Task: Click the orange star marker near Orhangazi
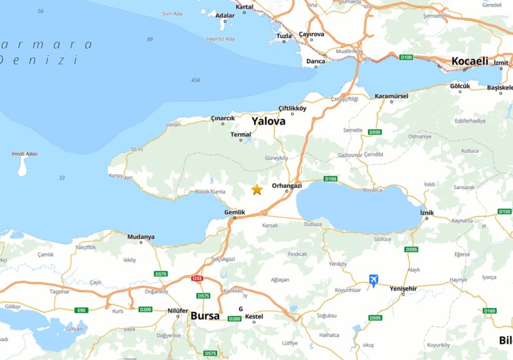(257, 189)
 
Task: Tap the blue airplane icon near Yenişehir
(373, 280)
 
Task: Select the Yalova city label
(268, 121)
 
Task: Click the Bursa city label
(205, 316)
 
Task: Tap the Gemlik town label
(235, 212)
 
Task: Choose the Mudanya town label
(141, 237)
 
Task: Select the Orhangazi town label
(287, 185)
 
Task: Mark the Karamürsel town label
(391, 96)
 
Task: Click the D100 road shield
(406, 58)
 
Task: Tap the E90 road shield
(81, 310)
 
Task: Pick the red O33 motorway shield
(197, 279)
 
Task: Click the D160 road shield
(489, 311)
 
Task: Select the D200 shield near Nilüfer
(145, 309)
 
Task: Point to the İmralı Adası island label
(24, 154)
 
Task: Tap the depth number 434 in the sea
(196, 80)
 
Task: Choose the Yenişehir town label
(403, 287)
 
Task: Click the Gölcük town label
(460, 86)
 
